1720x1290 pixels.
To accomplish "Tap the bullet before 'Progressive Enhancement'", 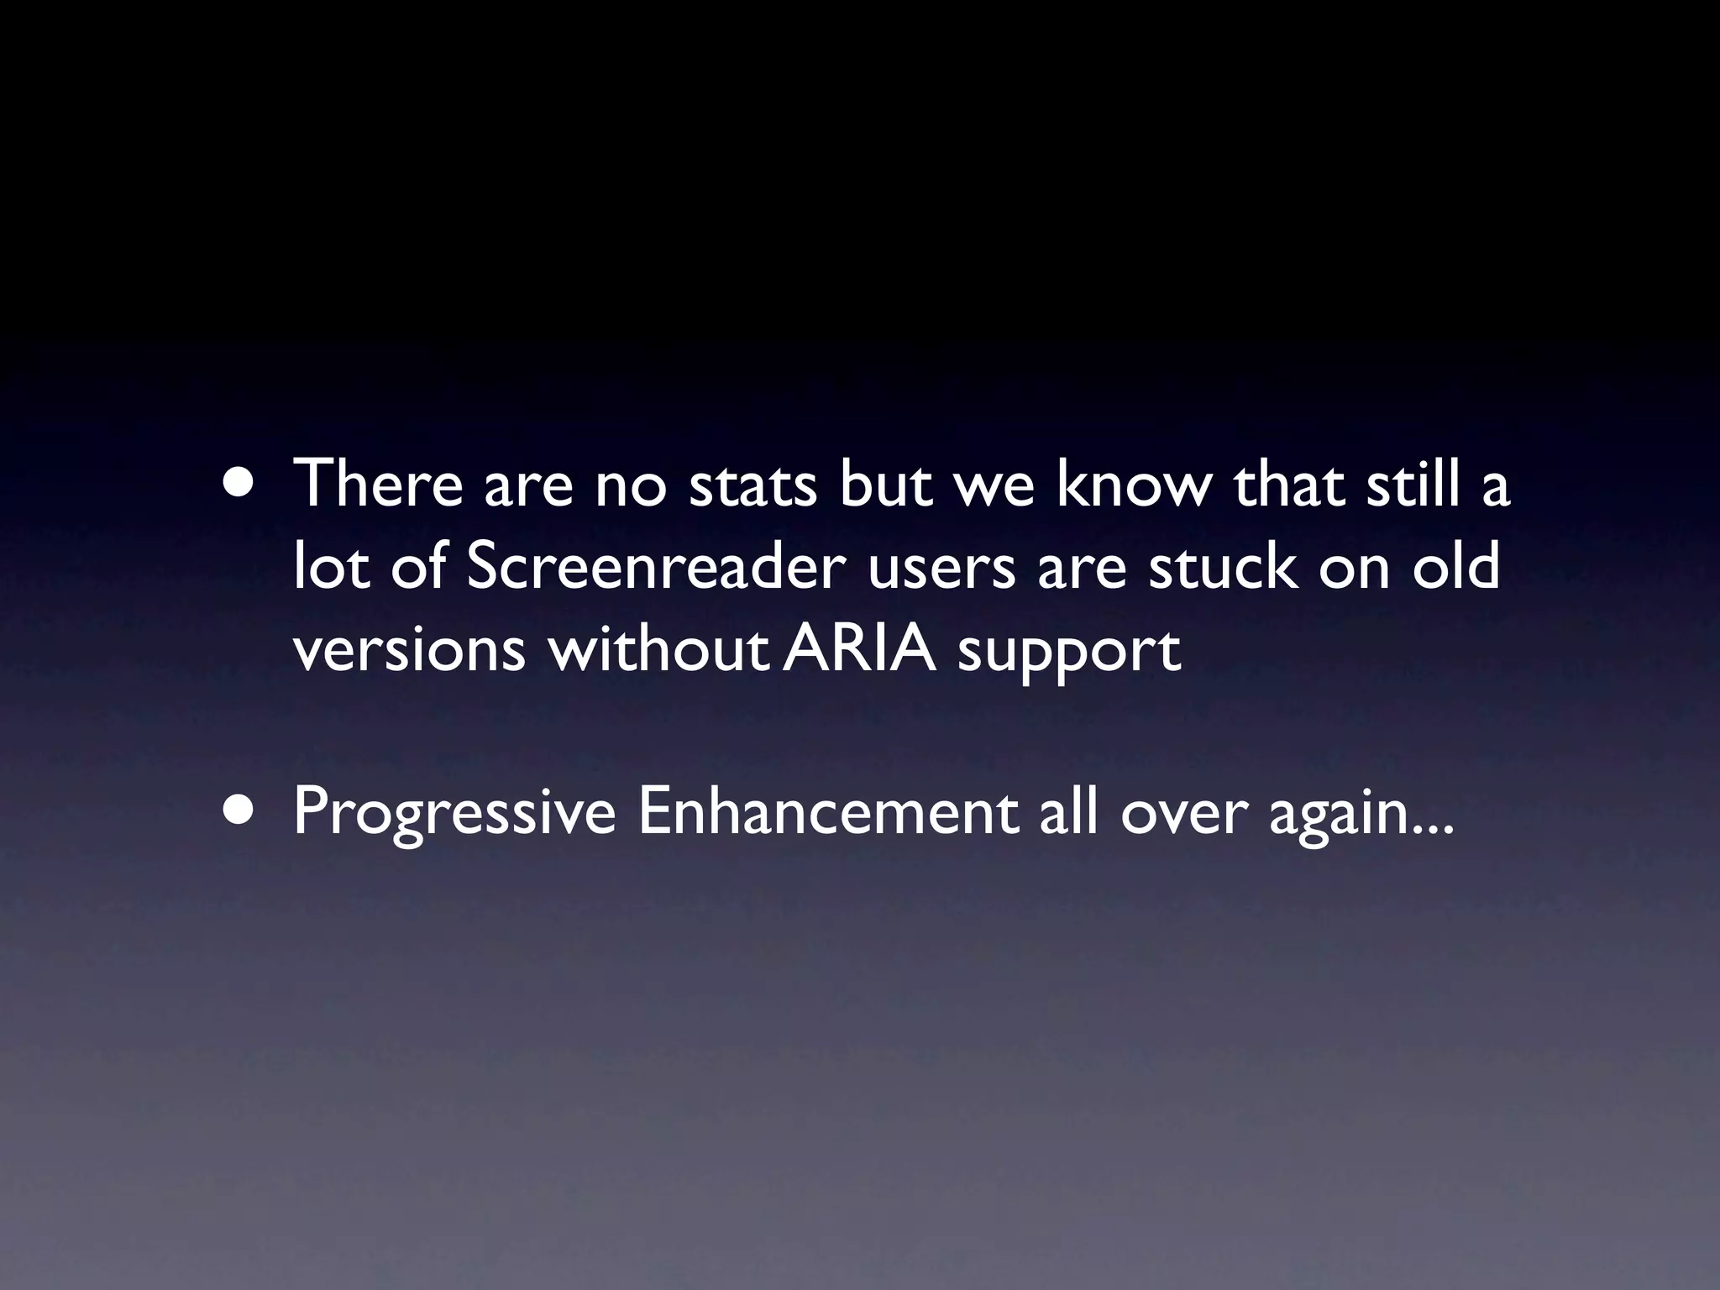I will pos(239,813).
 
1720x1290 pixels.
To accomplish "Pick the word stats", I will pos(752,485).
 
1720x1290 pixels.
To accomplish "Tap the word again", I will pos(1338,815).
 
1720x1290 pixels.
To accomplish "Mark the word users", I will pos(941,569).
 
